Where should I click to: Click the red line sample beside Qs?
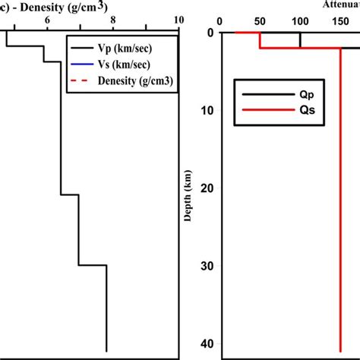click(x=256, y=111)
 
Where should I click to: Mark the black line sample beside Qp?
click(x=256, y=95)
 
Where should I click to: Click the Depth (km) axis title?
click(x=188, y=195)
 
